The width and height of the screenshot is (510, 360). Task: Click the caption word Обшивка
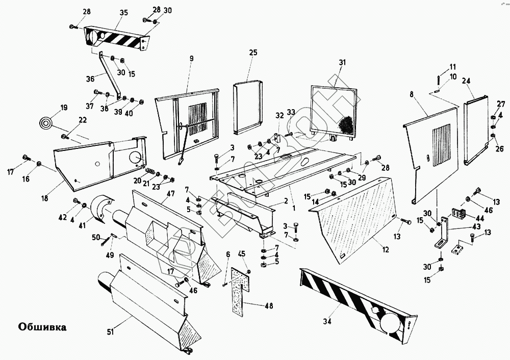pos(42,326)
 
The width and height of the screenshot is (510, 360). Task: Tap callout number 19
pos(64,108)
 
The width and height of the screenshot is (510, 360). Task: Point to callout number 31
pos(342,62)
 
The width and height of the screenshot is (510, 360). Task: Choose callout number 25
pos(253,53)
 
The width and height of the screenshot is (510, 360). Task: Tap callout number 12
pos(386,250)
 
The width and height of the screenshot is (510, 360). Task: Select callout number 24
pos(466,81)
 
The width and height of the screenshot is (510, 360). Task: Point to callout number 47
pos(170,194)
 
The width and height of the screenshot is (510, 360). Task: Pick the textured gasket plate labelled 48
pos(239,286)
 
